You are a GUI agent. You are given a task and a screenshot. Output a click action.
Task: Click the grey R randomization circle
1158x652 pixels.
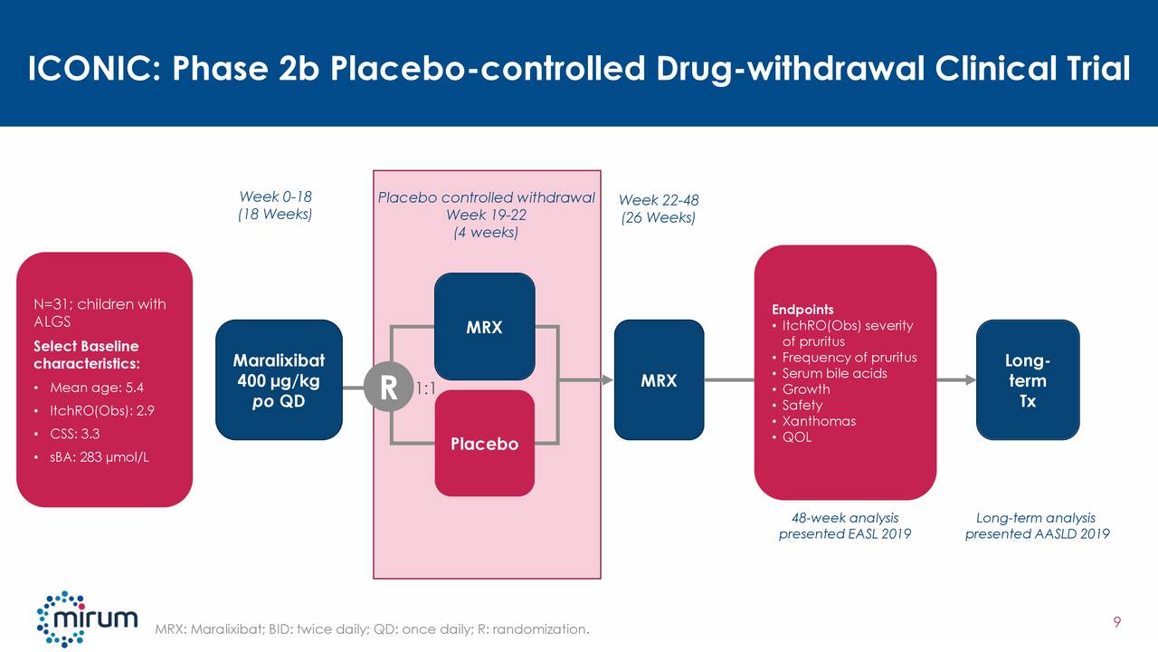[x=388, y=388]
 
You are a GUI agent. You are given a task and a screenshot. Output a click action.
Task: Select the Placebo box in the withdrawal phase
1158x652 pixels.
[x=484, y=444]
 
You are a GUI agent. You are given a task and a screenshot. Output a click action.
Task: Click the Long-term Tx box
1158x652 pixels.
[x=1028, y=380]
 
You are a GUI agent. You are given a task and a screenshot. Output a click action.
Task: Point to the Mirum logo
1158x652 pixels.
[x=87, y=618]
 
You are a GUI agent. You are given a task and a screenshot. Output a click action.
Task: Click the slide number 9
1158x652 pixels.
[x=1117, y=621]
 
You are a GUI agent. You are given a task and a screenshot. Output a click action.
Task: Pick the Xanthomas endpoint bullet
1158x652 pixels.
[x=819, y=421]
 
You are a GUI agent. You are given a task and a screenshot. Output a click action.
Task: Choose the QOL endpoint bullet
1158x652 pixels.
[x=797, y=437]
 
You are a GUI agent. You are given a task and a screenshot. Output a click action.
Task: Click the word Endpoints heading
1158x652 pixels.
[x=802, y=310]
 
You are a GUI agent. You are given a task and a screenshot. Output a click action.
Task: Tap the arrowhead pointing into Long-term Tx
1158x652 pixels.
[x=970, y=380]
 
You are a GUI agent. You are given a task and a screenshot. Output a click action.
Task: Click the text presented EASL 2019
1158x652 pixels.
[x=844, y=534]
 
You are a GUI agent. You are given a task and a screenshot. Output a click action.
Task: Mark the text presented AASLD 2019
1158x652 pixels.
[x=1037, y=534]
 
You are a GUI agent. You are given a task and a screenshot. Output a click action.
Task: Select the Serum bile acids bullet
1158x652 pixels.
[x=834, y=374]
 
